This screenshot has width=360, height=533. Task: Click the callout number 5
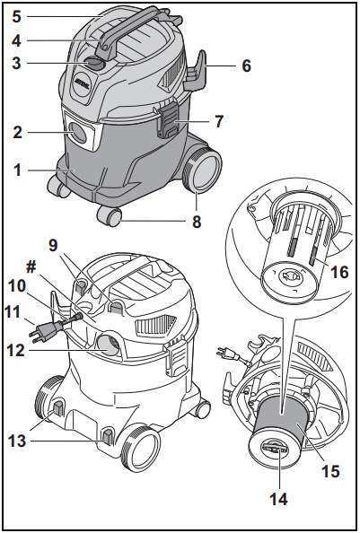tap(15, 15)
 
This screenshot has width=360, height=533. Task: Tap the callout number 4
tap(15, 39)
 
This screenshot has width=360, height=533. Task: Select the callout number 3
tap(15, 64)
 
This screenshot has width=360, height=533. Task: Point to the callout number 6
tap(245, 66)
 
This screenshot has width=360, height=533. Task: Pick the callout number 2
tap(16, 133)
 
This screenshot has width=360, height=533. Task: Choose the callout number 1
tap(16, 168)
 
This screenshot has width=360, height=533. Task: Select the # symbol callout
tap(33, 266)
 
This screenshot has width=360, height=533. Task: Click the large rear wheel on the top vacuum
tap(203, 170)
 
